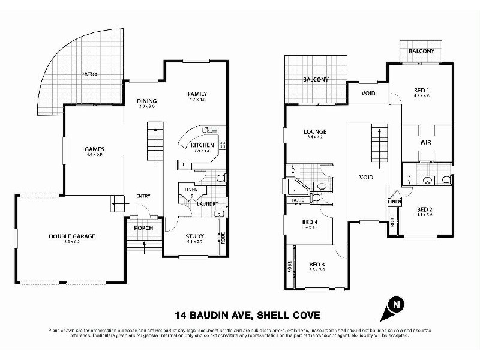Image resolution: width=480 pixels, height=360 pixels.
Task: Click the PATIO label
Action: [89, 74]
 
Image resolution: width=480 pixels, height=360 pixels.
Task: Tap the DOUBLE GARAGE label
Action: [72, 236]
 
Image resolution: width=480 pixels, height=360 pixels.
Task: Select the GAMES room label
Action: [94, 149]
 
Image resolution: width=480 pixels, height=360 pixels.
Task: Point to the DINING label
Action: [146, 101]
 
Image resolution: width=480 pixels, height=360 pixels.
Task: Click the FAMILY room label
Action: [197, 94]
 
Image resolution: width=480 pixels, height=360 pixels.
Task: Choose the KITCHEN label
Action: [202, 145]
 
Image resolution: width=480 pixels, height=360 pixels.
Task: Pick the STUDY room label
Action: [196, 236]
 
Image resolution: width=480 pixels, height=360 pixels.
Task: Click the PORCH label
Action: [143, 228]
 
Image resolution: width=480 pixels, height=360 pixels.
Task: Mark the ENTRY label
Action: [143, 196]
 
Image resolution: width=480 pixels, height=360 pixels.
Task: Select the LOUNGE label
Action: [314, 132]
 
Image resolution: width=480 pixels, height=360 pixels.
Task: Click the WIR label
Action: [426, 142]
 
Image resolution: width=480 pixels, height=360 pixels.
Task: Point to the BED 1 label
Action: [422, 90]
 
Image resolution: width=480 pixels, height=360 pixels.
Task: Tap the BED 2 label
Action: [425, 209]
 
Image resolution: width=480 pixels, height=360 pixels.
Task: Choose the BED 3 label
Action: [317, 264]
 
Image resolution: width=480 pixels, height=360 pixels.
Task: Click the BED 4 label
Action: [310, 223]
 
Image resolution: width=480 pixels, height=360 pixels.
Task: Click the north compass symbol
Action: [394, 305]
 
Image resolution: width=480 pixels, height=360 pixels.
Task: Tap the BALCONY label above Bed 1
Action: [421, 52]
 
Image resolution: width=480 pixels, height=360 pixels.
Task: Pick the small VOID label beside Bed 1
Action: [369, 93]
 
